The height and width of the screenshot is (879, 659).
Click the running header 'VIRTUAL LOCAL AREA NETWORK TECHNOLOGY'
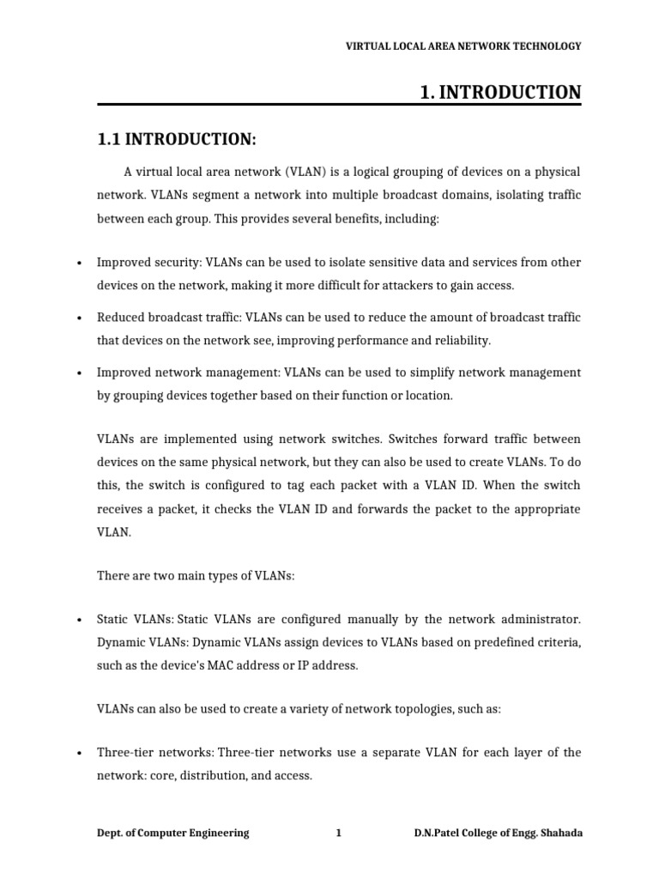(463, 46)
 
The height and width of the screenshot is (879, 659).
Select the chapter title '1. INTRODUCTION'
(500, 92)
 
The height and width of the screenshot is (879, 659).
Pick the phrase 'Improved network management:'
(175, 373)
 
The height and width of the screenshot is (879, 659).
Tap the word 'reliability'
(461, 341)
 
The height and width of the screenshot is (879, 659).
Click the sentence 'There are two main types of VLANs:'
(196, 576)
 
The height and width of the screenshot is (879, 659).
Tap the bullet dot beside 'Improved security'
(78, 264)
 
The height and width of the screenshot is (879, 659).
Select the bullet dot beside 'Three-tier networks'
(78, 754)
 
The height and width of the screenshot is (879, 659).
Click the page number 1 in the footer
(338, 833)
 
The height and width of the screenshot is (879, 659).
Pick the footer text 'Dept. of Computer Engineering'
(172, 833)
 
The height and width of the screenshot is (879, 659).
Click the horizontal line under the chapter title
(339, 106)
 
